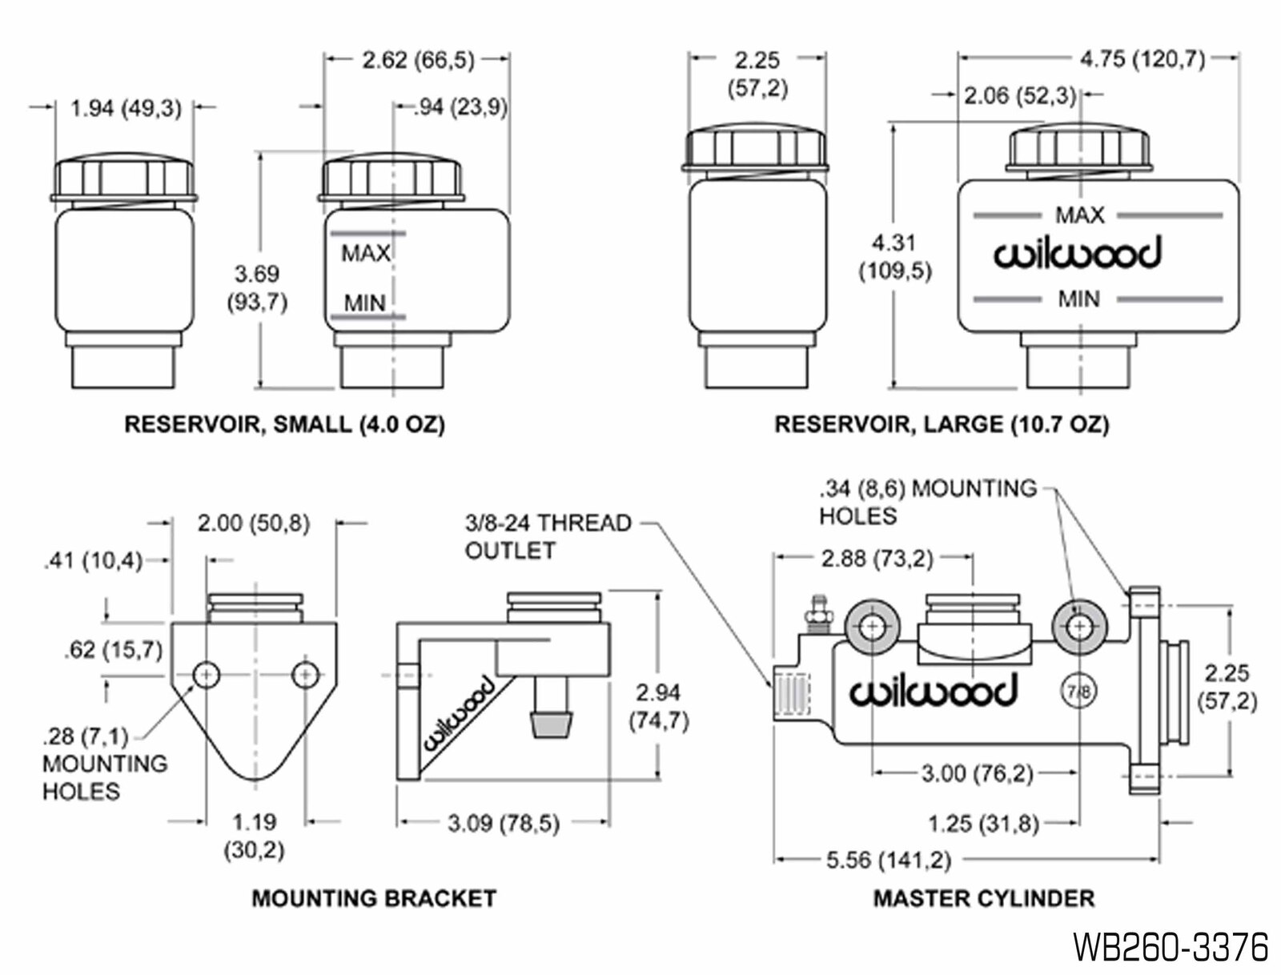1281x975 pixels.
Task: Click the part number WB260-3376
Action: pos(1171,947)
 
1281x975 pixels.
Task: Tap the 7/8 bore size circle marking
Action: pos(1079,691)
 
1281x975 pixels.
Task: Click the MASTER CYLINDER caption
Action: pos(983,898)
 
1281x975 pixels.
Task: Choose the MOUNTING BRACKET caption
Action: pos(374,898)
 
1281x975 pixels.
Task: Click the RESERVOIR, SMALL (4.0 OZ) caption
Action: pos(284,424)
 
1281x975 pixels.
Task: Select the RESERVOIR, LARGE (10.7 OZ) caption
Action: pos(942,424)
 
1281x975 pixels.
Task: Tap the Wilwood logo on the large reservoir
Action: pos(1078,255)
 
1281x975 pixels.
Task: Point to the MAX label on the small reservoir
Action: pos(365,254)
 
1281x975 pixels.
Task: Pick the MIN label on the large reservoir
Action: pos(1078,299)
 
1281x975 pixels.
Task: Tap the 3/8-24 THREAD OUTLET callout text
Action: pos(548,536)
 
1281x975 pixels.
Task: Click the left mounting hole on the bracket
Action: pos(207,675)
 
